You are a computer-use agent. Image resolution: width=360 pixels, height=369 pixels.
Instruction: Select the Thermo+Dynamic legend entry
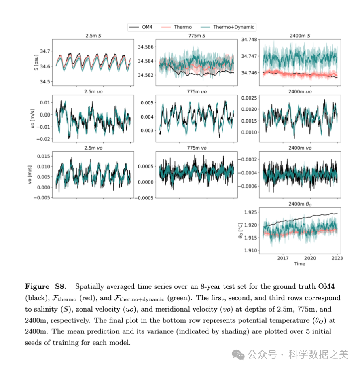click(x=234, y=27)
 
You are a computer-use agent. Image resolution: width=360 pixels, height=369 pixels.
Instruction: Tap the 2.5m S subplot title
click(x=93, y=36)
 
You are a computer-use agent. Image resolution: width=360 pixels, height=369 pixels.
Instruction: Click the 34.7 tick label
click(x=45, y=51)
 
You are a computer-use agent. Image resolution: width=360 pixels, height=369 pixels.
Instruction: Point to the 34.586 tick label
click(x=145, y=47)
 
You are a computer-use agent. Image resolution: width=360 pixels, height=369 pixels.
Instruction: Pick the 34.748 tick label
click(x=249, y=40)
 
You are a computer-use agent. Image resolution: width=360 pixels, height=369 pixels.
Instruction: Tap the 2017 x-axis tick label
click(x=283, y=258)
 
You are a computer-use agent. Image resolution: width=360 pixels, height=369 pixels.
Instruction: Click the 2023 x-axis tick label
click(x=337, y=258)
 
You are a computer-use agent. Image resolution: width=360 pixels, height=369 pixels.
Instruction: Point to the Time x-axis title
click(x=300, y=264)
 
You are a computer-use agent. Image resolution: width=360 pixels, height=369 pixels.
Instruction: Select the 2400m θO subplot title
click(x=300, y=204)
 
